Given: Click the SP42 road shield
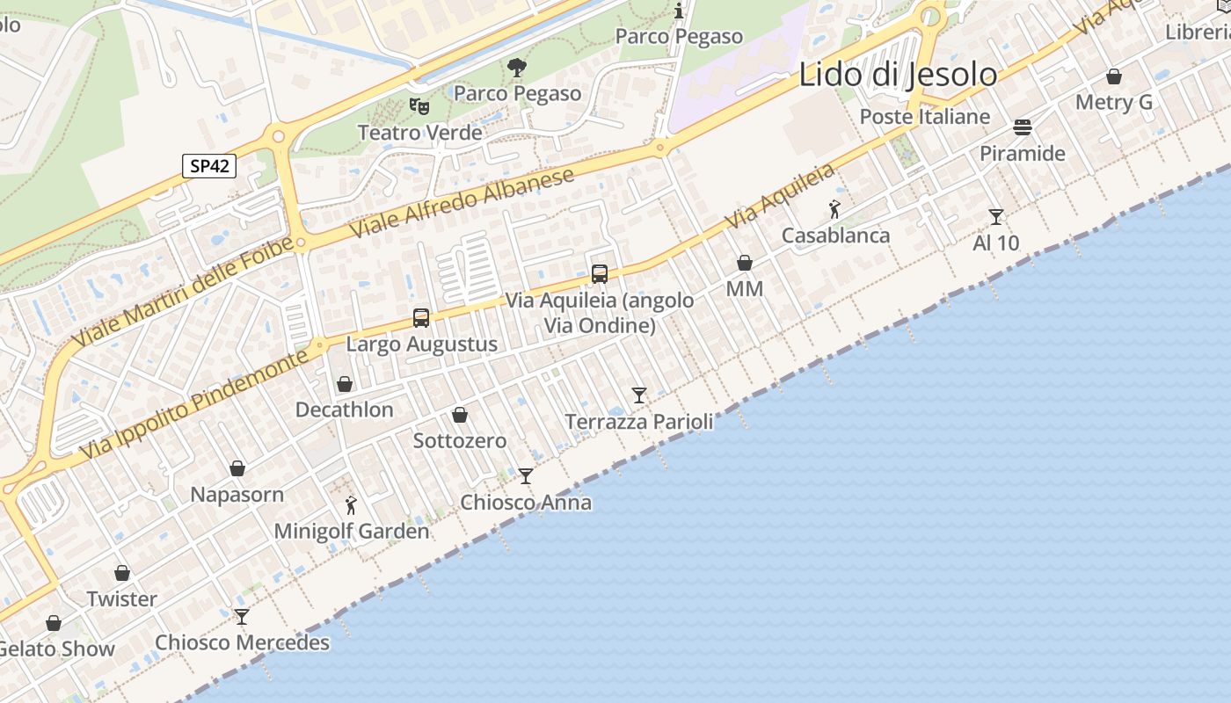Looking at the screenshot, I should [x=209, y=165].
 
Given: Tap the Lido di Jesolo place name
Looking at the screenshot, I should [x=898, y=75].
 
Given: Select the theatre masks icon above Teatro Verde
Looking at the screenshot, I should [x=419, y=106].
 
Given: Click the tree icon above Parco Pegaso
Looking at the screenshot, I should [x=517, y=66].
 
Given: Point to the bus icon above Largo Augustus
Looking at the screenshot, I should [x=421, y=318].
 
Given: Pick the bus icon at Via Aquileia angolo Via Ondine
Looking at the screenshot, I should [x=600, y=273].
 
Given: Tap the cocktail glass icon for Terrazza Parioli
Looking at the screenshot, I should [x=639, y=395].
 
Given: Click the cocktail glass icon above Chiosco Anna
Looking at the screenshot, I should [x=526, y=476].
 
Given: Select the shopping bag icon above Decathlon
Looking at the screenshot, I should [x=345, y=384].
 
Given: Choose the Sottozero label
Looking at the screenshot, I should [x=460, y=440].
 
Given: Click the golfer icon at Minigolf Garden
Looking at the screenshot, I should [x=351, y=505].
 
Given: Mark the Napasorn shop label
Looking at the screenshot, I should [x=237, y=495].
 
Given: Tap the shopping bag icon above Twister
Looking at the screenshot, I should [x=122, y=573].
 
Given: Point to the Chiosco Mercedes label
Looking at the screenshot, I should [x=243, y=642].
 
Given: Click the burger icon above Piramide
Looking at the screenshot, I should [x=1022, y=127].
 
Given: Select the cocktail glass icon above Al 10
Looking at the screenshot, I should [x=995, y=216].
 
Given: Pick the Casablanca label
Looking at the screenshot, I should [x=835, y=236].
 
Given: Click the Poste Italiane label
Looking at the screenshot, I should [x=924, y=117].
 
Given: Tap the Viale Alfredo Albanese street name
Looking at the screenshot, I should [x=463, y=202].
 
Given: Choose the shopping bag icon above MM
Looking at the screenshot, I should [x=745, y=263].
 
